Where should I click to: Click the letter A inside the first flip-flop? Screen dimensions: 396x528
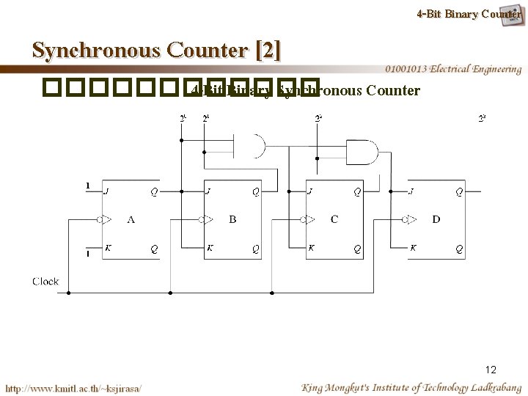tap(131, 219)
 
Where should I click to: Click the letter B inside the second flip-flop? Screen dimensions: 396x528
tap(232, 219)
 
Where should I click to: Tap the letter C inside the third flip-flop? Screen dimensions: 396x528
tap(334, 219)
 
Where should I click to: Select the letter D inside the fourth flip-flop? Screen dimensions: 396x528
tap(436, 219)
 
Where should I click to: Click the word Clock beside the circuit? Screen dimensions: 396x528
tap(46, 281)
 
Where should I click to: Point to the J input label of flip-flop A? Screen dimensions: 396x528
tap(107, 193)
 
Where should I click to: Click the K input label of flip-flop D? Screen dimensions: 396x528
tap(413, 248)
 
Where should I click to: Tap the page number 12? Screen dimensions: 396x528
tap(490, 370)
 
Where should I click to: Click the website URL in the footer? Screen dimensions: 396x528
tap(73, 387)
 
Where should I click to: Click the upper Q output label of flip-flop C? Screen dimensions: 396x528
tap(357, 193)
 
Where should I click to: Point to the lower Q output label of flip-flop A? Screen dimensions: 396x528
tap(154, 248)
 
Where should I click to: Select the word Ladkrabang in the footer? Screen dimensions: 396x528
tap(491, 386)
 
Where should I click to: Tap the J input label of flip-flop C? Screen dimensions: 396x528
tap(311, 193)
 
